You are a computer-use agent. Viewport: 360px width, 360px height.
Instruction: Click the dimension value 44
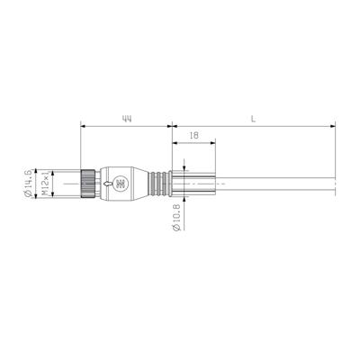pos(126,118)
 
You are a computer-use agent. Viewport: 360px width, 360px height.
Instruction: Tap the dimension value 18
pos(193,136)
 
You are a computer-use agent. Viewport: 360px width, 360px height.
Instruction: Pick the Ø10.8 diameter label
pos(176,218)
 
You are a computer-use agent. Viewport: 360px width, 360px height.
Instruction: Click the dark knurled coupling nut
pos(89,184)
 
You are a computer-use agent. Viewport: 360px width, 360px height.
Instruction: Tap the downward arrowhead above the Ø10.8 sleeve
pos(184,168)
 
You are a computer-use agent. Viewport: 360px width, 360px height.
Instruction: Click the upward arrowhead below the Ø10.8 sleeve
pos(184,201)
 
